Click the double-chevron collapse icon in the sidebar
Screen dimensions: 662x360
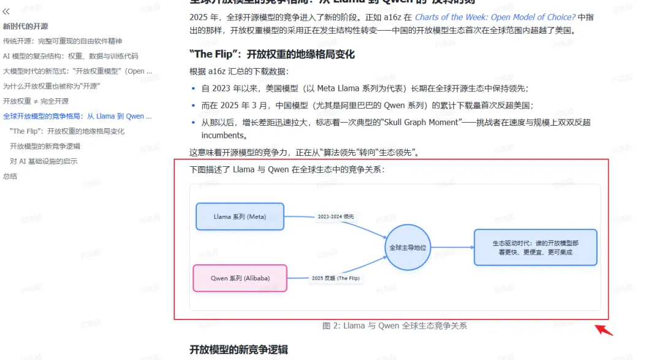coord(7,11)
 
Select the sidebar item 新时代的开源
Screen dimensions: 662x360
coord(26,26)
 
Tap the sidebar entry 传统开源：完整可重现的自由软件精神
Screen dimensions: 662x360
coord(63,41)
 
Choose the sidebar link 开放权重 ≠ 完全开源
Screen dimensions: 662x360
coord(36,101)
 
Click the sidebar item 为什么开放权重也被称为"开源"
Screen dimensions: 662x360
coord(51,86)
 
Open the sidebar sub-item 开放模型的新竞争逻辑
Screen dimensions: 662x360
coord(45,146)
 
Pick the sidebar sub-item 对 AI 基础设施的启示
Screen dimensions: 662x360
coord(44,161)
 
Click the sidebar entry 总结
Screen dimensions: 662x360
coord(10,176)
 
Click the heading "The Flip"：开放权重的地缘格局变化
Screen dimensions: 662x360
coord(273,55)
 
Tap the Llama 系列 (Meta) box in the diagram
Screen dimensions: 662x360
coord(240,216)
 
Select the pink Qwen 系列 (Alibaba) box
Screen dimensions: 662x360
coord(240,278)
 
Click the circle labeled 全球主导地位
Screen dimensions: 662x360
coord(408,248)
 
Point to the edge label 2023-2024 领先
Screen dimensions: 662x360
coord(335,216)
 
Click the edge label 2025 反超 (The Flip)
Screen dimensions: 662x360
coord(335,278)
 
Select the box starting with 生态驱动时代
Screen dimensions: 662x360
coord(535,247)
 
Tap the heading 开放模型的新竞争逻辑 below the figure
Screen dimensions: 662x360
coord(239,350)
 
